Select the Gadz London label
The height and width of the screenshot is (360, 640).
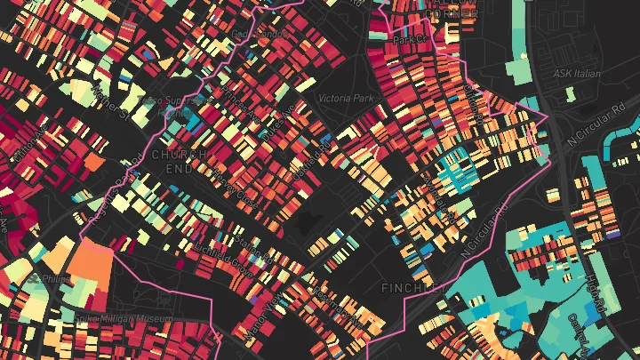[x=257, y=34]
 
